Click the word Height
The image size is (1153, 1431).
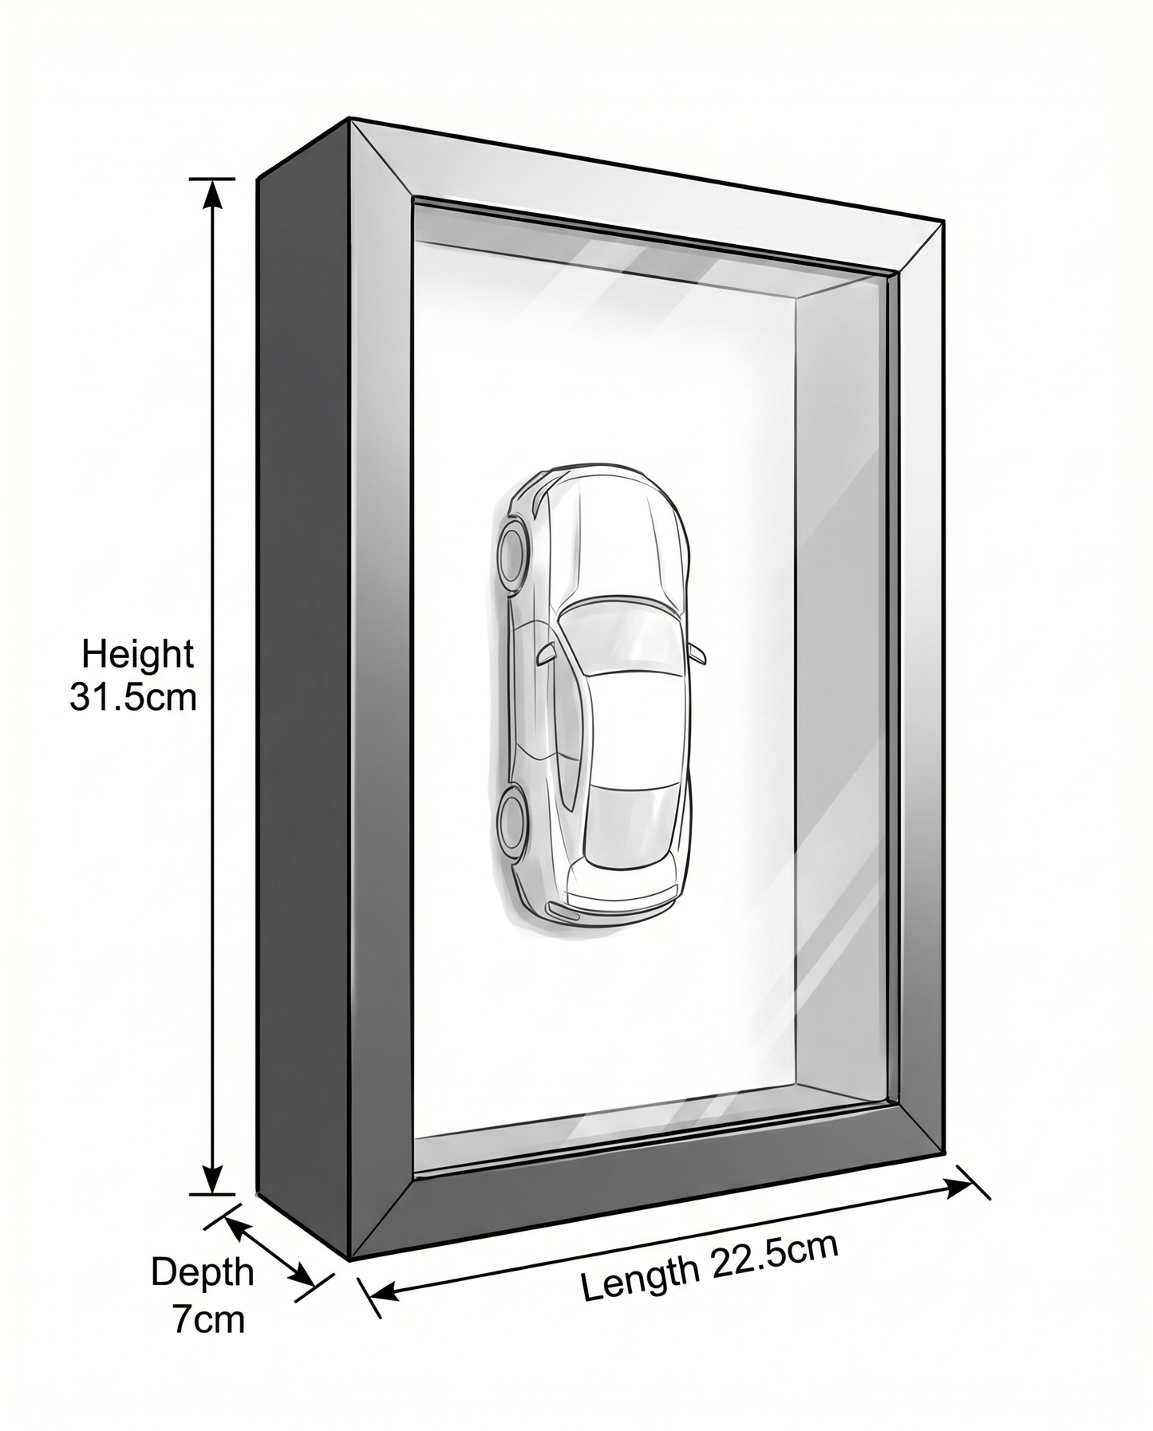coord(138,655)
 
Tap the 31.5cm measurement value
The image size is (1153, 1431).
coord(132,697)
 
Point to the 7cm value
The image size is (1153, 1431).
coord(209,1319)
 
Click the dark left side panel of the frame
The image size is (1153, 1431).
coord(303,686)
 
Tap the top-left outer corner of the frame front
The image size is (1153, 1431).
coord(351,119)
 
